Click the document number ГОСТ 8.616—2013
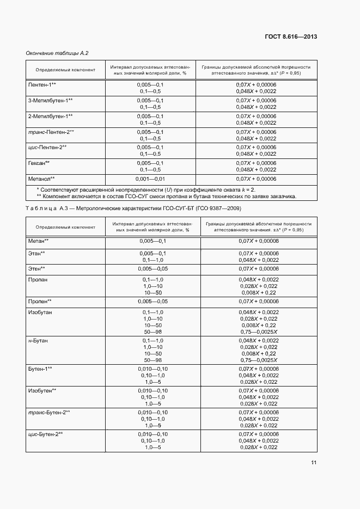pos(292,37)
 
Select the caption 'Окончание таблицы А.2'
pos(57,53)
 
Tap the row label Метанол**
pos(41,178)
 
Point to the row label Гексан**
pos(39,163)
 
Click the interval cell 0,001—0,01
pos(150,178)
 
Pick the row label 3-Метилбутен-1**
pos(51,101)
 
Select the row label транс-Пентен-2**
pos(51,132)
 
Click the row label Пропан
pos(38,279)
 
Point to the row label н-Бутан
pos(38,340)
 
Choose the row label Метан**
pos(39,241)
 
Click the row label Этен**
pos(36,269)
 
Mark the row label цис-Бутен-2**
pos(46,433)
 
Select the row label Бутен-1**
pos(40,369)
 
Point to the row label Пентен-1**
pos(42,85)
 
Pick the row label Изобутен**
pos(42,390)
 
